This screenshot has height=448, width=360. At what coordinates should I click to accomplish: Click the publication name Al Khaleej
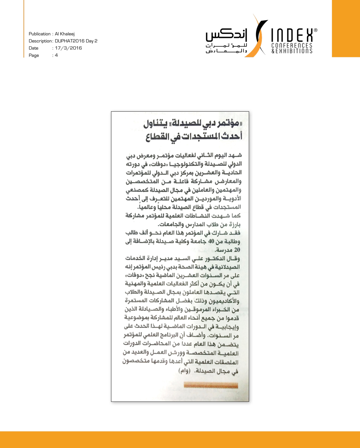65,34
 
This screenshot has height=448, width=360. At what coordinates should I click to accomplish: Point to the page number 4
56,56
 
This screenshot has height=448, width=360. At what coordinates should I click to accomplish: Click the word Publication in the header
40,34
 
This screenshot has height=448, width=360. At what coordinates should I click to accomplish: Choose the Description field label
40,41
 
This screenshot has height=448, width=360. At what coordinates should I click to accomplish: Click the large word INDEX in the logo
292,35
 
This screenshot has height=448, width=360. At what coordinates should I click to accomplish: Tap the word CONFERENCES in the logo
292,46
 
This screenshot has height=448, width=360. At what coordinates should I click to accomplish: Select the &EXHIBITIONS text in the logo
292,51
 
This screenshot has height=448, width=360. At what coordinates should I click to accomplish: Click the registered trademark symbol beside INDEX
315,31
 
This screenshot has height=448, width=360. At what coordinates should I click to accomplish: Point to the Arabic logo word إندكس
227,35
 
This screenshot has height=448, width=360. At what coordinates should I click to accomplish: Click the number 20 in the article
237,250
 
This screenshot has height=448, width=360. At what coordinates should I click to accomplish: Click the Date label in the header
34,48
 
